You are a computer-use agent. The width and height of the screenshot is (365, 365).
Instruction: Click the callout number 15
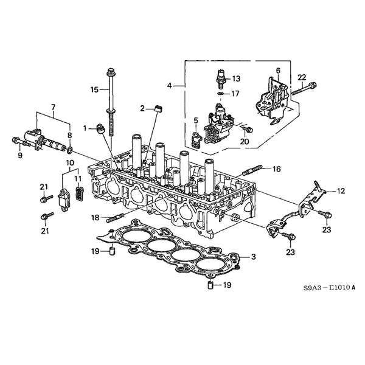94,90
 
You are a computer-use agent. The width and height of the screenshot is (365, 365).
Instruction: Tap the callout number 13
236,78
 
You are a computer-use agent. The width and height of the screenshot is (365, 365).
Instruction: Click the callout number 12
341,191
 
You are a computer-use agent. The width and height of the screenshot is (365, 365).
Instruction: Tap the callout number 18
96,217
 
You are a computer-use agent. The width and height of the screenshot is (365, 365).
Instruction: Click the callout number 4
170,86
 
